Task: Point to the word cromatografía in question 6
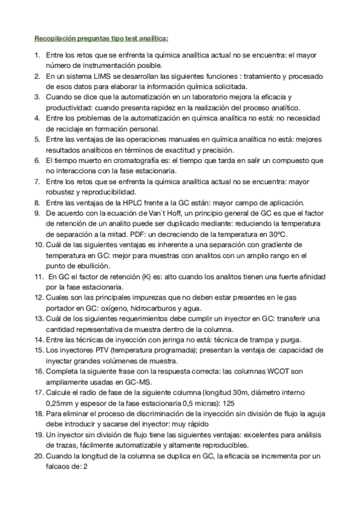(121, 161)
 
